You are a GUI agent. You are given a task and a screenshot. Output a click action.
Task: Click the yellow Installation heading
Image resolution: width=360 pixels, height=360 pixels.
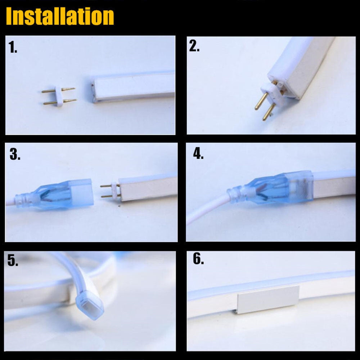(x=60, y=16)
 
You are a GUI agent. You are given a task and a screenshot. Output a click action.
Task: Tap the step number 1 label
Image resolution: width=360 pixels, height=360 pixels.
(x=13, y=47)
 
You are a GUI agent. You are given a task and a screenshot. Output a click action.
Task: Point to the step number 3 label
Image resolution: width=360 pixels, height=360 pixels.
(x=15, y=154)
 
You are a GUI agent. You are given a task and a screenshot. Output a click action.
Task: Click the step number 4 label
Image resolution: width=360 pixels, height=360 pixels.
(x=198, y=153)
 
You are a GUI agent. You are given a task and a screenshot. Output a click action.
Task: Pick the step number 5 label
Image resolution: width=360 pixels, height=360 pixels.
(x=13, y=260)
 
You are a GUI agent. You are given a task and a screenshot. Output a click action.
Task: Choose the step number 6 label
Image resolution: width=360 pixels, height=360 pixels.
(x=198, y=259)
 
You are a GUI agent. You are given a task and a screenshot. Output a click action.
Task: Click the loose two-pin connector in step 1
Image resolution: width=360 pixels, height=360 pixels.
(x=59, y=96)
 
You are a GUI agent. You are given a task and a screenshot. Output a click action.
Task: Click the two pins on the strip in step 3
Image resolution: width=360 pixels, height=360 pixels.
(x=110, y=191)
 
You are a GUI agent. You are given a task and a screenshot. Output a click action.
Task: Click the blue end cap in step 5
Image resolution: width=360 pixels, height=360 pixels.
(x=90, y=305)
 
